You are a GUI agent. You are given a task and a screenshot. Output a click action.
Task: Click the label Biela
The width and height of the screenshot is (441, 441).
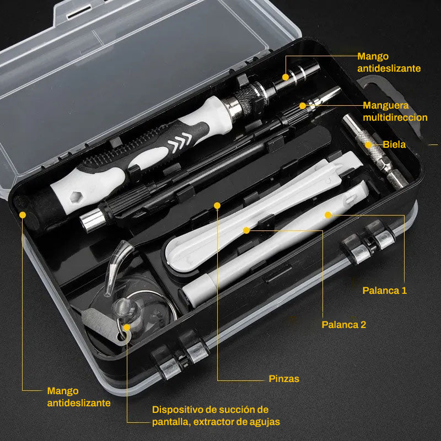394,144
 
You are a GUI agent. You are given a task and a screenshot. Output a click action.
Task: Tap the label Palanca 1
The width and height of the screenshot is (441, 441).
384,291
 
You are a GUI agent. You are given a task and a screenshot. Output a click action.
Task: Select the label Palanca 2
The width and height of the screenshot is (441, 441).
343,325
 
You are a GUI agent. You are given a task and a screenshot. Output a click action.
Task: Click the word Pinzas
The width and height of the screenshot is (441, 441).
284,379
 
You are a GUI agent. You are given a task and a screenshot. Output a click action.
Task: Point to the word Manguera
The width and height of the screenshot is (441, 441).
385,105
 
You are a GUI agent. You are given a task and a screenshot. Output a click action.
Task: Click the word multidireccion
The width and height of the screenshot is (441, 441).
395,117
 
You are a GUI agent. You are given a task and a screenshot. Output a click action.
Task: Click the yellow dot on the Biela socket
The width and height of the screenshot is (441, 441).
369,145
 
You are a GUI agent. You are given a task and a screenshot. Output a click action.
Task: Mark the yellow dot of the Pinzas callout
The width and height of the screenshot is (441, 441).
217,206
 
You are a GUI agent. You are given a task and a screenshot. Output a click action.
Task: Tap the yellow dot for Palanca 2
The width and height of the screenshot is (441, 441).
246,229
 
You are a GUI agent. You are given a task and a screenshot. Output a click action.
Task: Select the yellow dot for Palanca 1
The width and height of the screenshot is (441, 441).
327,214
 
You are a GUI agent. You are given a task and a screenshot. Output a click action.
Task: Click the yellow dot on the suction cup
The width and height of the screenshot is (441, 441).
127,327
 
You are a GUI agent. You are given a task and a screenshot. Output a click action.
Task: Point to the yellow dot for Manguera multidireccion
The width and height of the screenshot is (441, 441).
302,105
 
